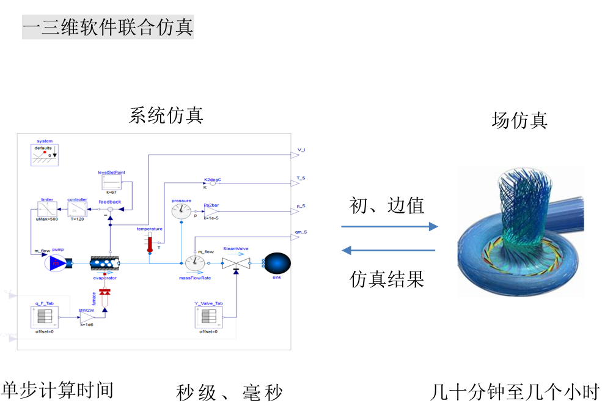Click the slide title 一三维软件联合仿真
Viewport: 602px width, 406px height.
(108, 28)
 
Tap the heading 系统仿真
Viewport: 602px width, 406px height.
(166, 115)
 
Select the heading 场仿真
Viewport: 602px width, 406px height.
(519, 120)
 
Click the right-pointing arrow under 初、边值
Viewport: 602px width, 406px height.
(389, 227)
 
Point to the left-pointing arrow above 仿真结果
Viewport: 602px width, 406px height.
(389, 250)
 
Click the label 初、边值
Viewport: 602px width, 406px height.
(386, 205)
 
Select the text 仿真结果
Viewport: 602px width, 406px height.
(387, 279)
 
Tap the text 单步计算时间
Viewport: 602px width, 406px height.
(57, 389)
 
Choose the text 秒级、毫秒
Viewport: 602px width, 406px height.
(230, 392)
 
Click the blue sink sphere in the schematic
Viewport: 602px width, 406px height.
(277, 264)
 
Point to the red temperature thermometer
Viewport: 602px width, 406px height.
(149, 243)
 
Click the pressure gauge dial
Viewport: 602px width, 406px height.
(181, 212)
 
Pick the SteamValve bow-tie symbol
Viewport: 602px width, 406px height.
(236, 264)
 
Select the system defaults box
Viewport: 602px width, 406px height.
(44, 155)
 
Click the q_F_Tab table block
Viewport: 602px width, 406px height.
(44, 317)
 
